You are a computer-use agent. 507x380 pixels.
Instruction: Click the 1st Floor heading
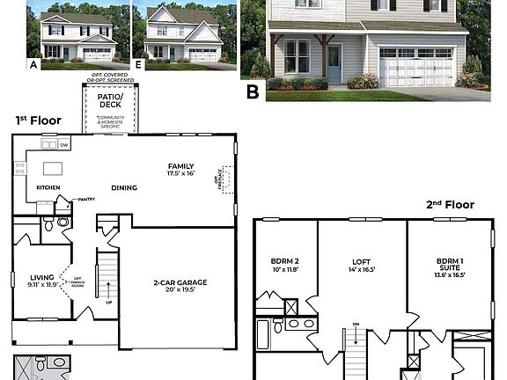pyautogui.click(x=38, y=120)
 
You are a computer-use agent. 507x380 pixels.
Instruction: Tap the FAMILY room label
pyautogui.click(x=181, y=166)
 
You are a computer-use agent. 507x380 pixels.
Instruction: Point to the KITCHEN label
pyautogui.click(x=48, y=188)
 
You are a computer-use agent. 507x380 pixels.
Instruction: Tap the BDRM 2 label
pyautogui.click(x=285, y=261)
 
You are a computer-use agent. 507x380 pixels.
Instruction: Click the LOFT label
pyautogui.click(x=362, y=261)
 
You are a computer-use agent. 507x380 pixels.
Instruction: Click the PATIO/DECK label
pyautogui.click(x=111, y=103)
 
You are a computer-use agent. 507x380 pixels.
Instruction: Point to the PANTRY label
pyautogui.click(x=85, y=200)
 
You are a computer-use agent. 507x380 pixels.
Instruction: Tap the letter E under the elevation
pyautogui.click(x=140, y=64)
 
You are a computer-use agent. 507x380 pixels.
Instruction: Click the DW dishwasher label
pyautogui.click(x=65, y=143)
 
